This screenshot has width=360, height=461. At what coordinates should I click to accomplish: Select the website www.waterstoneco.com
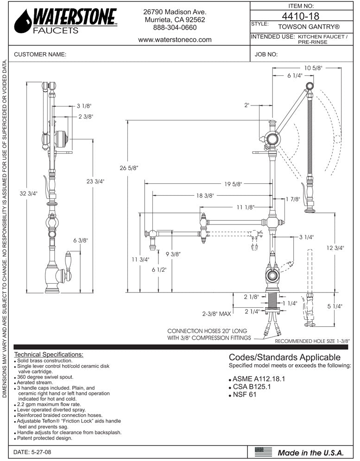click(175, 40)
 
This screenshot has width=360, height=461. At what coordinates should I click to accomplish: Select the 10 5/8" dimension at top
click(313, 68)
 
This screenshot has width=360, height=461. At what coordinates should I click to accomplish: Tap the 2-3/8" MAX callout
click(216, 314)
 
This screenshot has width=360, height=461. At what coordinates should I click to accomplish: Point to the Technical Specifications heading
click(49, 355)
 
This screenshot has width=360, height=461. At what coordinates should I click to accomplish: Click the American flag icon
click(264, 452)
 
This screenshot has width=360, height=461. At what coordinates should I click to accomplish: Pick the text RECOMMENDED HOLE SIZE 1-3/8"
click(312, 341)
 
